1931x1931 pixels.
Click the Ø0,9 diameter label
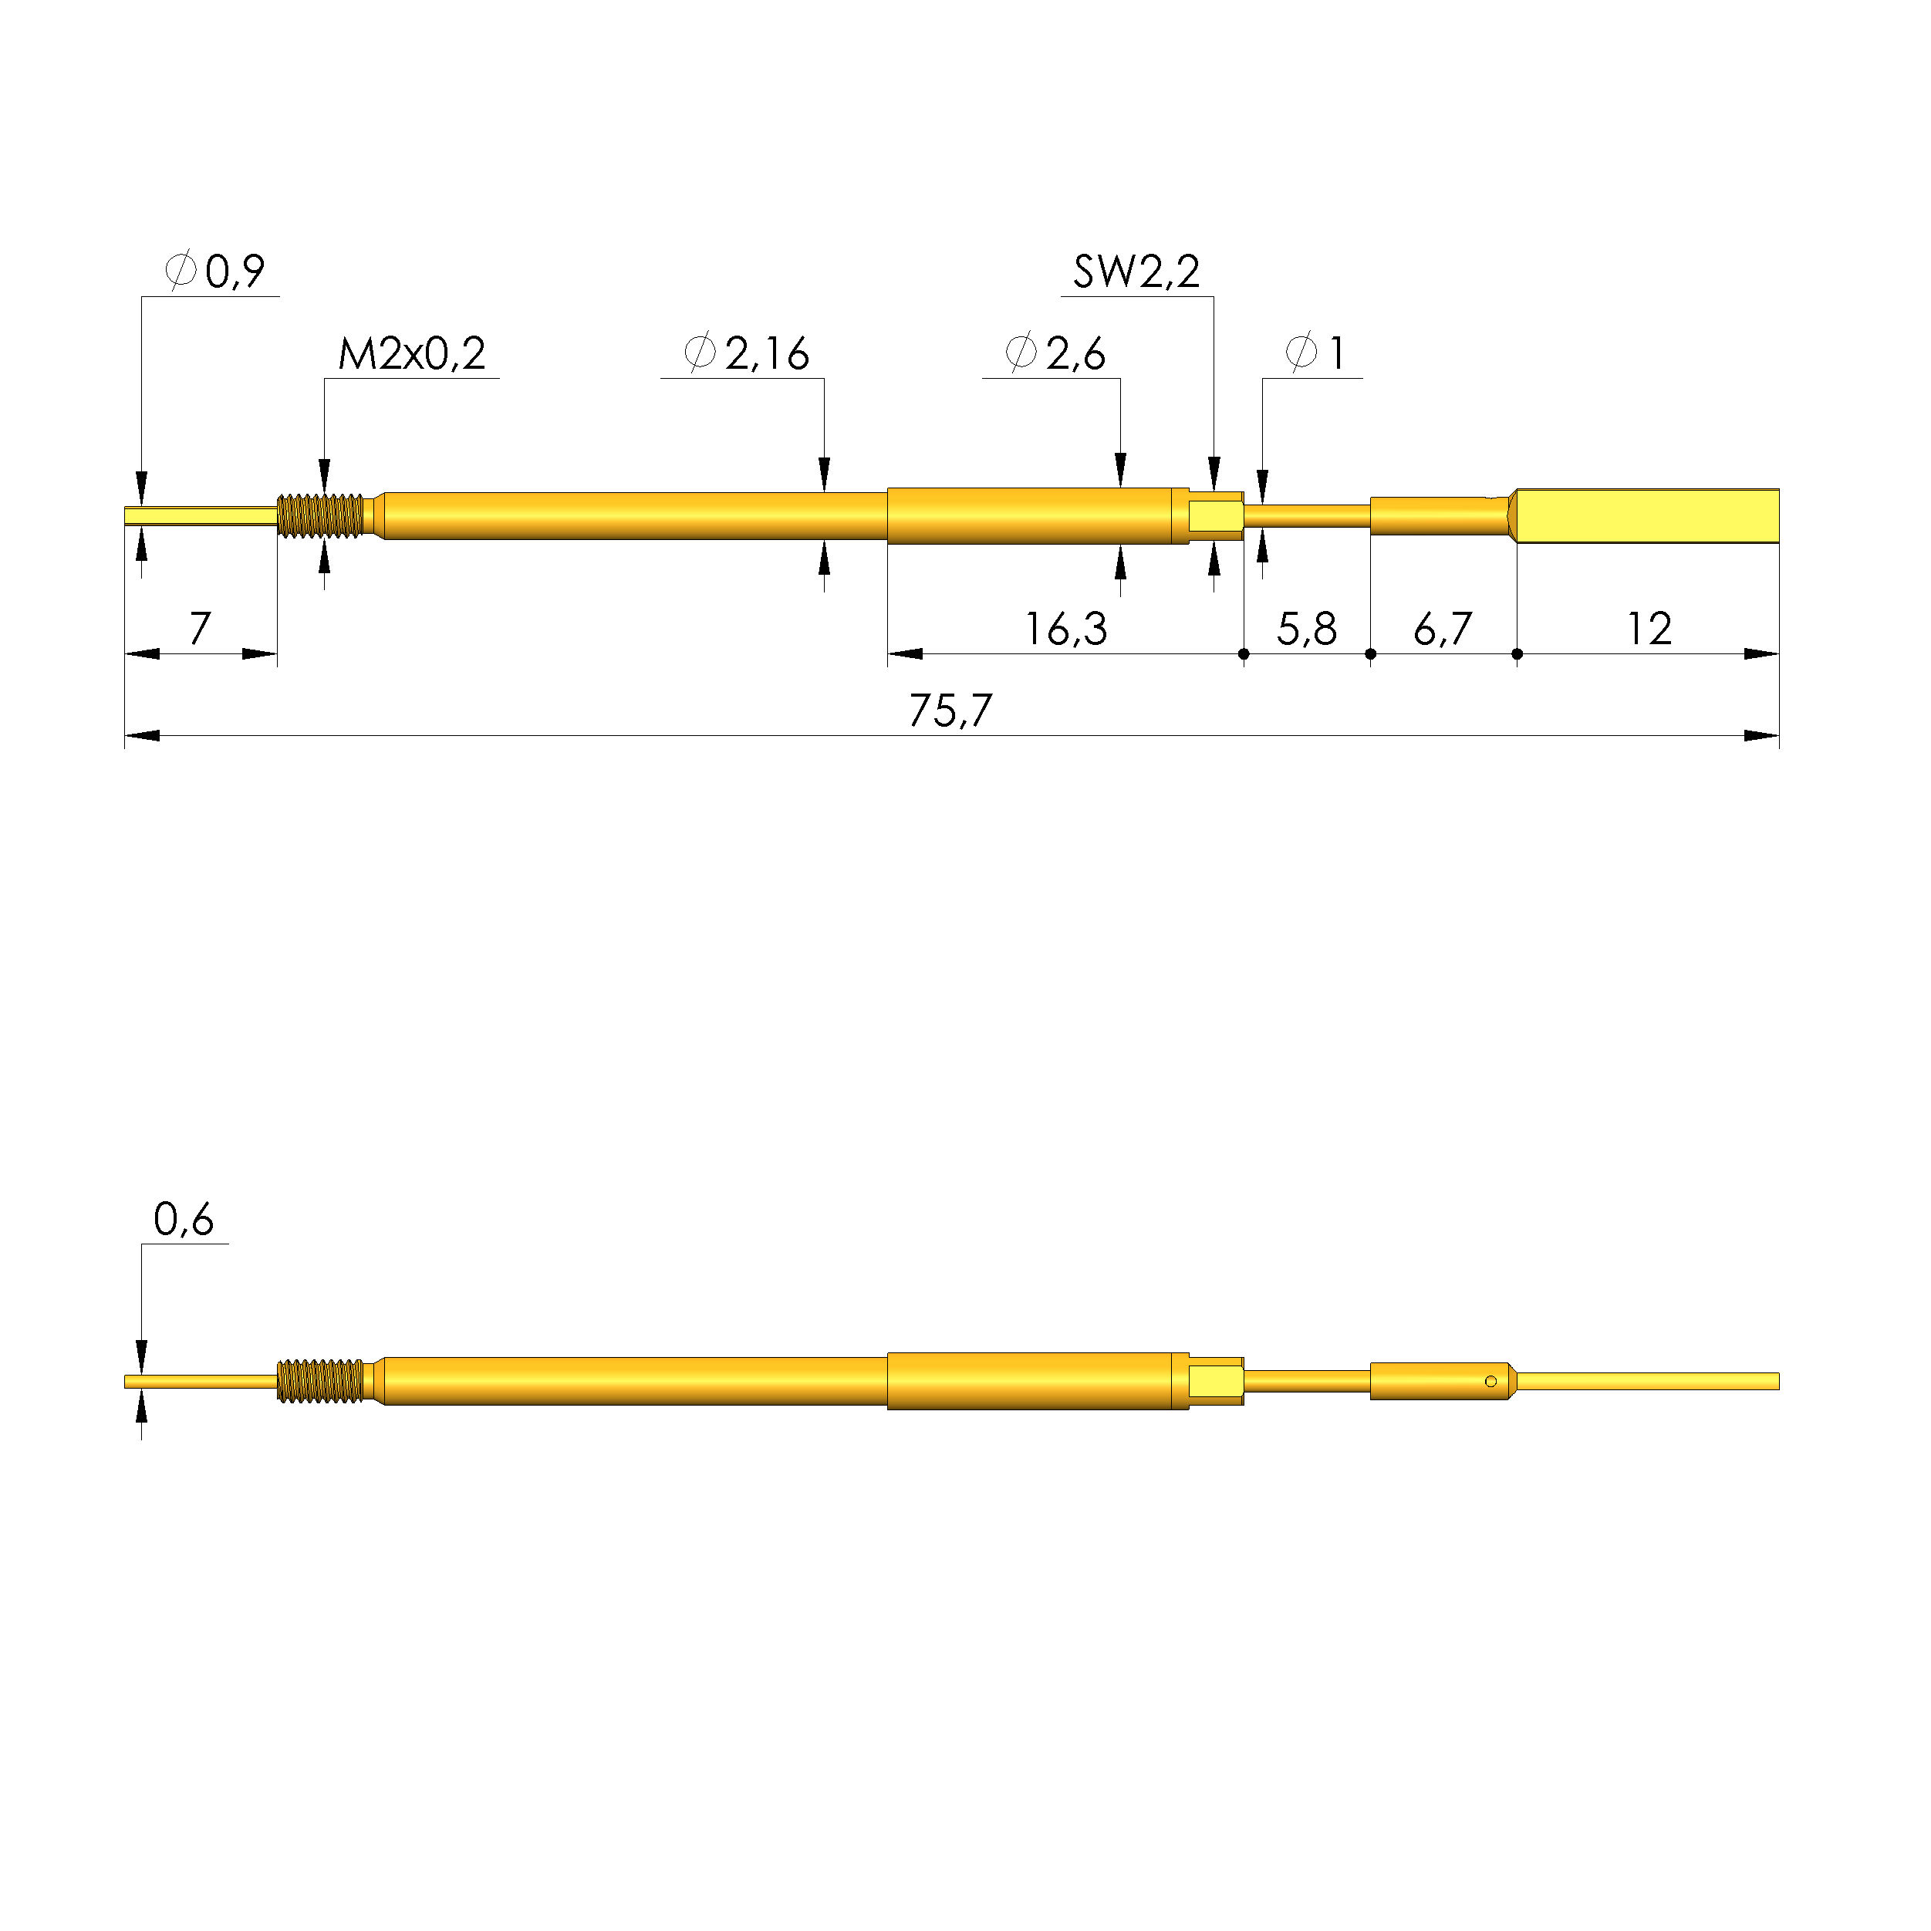[215, 272]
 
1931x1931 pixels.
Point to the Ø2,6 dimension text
[1055, 354]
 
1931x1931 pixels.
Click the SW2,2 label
[1136, 272]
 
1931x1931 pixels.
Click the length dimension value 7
[200, 629]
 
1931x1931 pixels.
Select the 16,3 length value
[1065, 629]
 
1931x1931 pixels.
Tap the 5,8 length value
[1305, 629]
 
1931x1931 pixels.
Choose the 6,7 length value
[1442, 629]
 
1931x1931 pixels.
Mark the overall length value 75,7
[950, 711]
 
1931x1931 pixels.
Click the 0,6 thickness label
[183, 1220]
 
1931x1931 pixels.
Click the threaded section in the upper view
[321, 516]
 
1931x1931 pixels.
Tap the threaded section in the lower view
[321, 1381]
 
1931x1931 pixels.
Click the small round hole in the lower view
[1490, 1381]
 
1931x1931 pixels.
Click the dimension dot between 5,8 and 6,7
[1370, 655]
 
